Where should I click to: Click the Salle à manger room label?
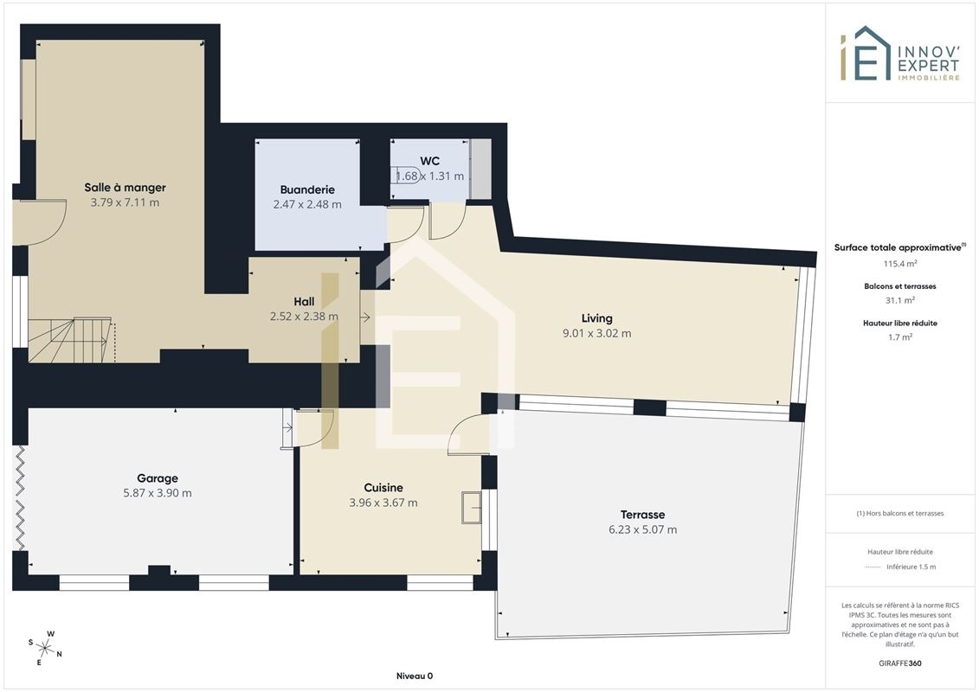[125, 187]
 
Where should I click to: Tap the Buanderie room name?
[307, 189]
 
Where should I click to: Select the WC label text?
[429, 161]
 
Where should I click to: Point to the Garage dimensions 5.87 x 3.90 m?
[158, 493]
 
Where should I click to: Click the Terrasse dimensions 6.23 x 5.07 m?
[642, 529]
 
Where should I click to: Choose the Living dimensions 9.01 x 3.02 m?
[597, 333]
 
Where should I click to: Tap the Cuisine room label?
[383, 487]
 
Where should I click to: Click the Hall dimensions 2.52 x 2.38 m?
[304, 317]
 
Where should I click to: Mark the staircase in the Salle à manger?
[72, 340]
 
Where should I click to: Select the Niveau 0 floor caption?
[415, 676]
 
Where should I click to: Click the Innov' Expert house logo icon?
[865, 54]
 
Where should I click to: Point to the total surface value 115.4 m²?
[899, 264]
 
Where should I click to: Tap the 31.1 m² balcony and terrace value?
[899, 300]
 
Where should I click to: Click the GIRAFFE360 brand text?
[899, 663]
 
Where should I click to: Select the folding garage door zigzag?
[20, 498]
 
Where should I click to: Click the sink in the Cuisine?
[472, 507]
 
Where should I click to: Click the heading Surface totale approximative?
[899, 247]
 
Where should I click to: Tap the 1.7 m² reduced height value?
[899, 337]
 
